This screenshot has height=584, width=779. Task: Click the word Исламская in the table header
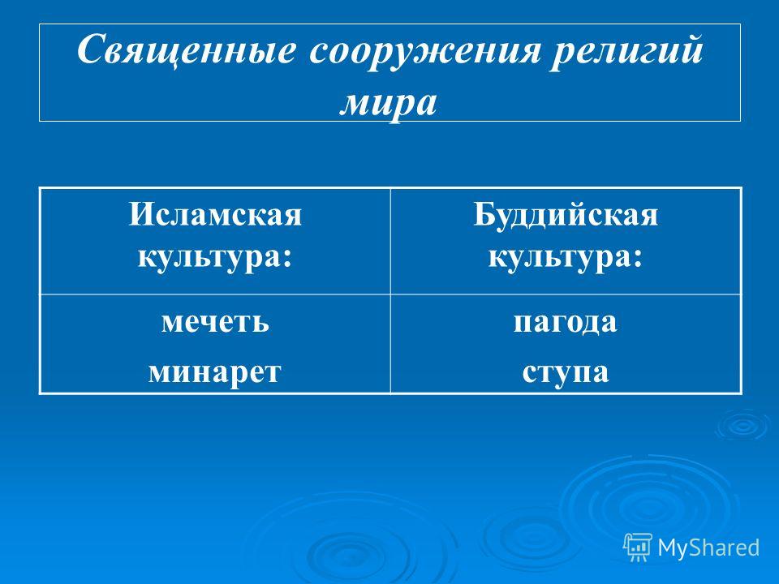coord(215,214)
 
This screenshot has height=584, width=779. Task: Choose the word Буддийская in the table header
coord(566,215)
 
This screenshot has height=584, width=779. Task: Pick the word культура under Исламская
coord(209,257)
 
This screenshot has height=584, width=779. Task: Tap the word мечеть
coord(215,322)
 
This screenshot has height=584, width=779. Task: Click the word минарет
coord(215,371)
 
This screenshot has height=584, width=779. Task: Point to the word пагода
coord(566,323)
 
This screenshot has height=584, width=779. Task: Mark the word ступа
coord(566,372)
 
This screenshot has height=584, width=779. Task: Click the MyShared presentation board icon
coord(638,547)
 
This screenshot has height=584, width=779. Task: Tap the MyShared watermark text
coord(708,547)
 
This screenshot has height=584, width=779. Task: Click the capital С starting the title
coord(90,49)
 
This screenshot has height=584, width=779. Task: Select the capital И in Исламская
coord(140,214)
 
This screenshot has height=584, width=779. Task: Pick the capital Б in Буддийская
coord(483,214)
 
